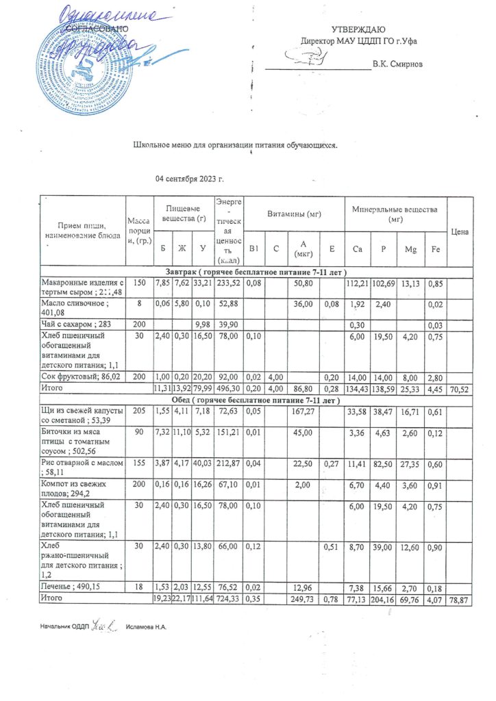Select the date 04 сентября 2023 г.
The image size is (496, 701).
point(190,179)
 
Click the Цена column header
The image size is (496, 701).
point(460,233)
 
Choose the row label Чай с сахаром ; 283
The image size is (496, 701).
point(75,324)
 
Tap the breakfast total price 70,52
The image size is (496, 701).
point(460,387)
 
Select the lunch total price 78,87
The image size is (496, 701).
point(460,598)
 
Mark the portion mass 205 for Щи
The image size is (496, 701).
point(140,411)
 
